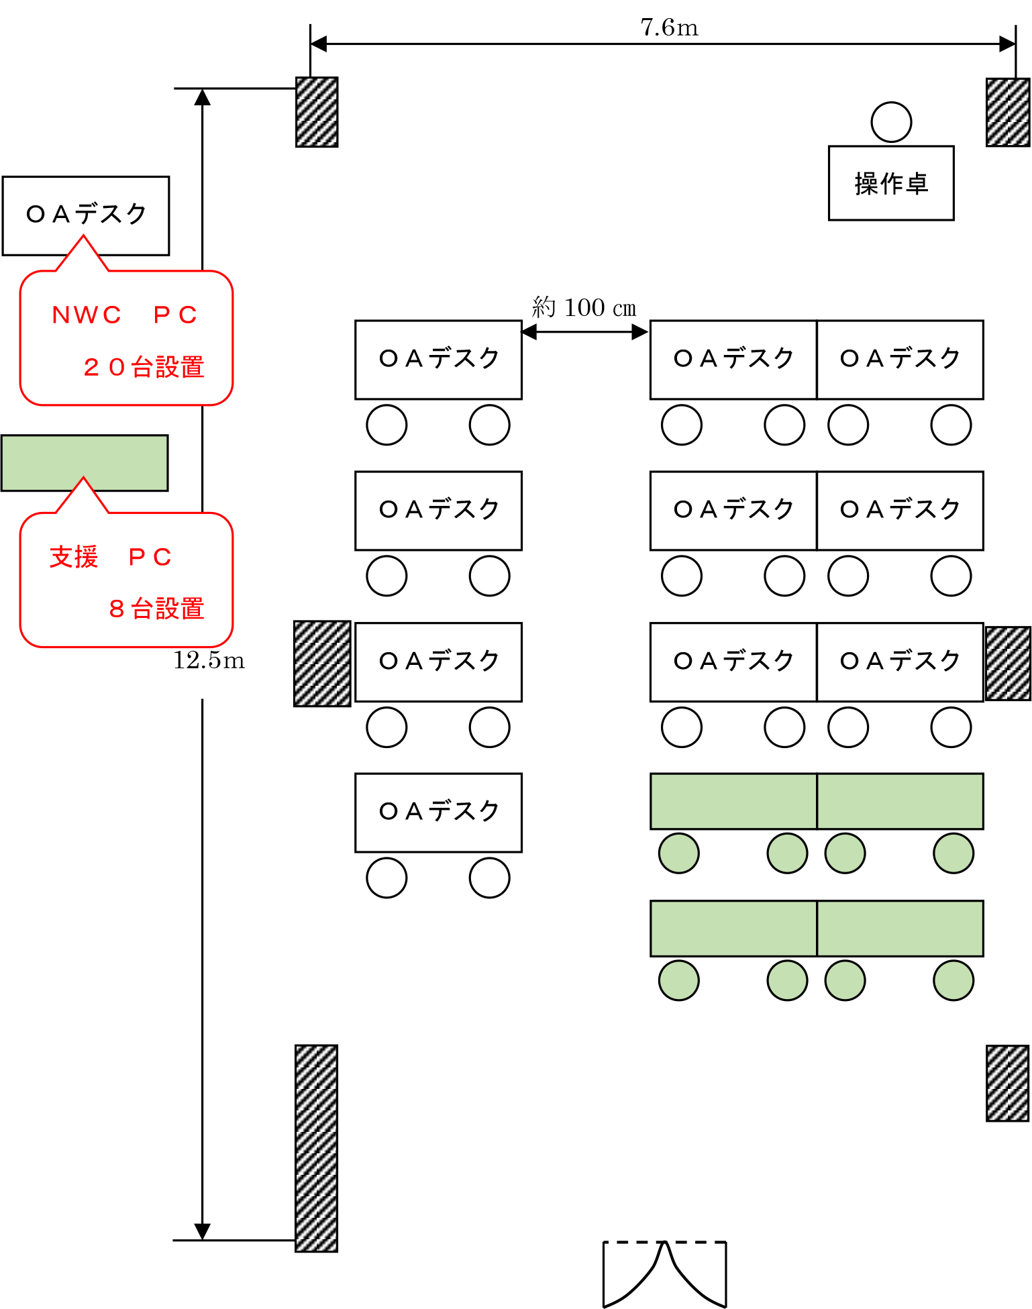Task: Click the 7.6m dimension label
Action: (669, 27)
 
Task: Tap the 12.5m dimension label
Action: (209, 660)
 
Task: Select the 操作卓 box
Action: (890, 182)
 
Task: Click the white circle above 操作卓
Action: (891, 122)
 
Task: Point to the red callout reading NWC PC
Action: (126, 337)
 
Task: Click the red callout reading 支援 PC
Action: (126, 580)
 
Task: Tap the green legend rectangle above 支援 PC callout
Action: (85, 462)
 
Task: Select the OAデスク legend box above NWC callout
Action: (85, 215)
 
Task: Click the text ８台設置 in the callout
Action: (156, 609)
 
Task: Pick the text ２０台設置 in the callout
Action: (144, 367)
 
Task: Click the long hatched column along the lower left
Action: (316, 1148)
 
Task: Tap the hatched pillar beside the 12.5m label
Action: (322, 663)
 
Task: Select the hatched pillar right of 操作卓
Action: (1007, 112)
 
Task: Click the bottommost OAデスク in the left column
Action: (438, 813)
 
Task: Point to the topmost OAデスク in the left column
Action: (438, 360)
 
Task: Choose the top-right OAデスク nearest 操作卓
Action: (900, 360)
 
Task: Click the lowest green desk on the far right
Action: (900, 928)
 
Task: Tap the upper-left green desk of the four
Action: (733, 801)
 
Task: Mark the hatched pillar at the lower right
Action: (1007, 1083)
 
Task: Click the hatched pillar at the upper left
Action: (317, 112)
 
